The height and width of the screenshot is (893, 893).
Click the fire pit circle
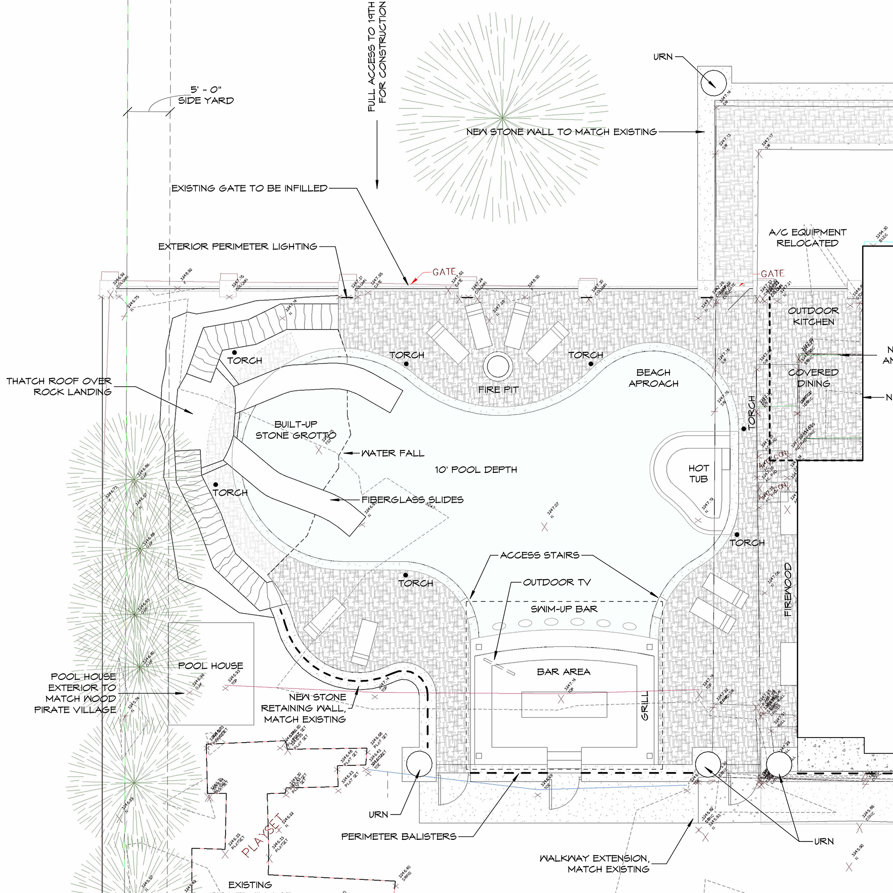click(498, 367)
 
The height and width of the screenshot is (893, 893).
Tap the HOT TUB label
click(698, 473)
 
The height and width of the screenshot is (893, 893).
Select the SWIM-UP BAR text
click(564, 609)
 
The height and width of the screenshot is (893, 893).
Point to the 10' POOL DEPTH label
click(476, 470)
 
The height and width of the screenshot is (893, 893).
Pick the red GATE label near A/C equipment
click(772, 273)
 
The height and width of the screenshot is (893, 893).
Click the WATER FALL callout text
click(393, 453)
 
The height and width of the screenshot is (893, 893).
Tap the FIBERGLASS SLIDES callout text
click(412, 500)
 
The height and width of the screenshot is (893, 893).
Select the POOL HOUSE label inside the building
click(210, 666)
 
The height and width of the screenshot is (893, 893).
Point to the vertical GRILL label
click(645, 705)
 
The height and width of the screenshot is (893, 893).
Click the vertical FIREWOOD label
click(788, 589)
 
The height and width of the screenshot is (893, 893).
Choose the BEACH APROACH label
click(653, 378)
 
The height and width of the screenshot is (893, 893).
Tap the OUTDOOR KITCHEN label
click(813, 316)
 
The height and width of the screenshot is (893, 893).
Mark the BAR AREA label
click(563, 672)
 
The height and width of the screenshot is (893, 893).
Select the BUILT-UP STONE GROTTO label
click(295, 430)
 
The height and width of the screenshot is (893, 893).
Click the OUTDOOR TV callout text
click(557, 582)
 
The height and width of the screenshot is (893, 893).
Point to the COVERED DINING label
click(813, 378)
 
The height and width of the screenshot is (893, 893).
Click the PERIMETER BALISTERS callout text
click(399, 836)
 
